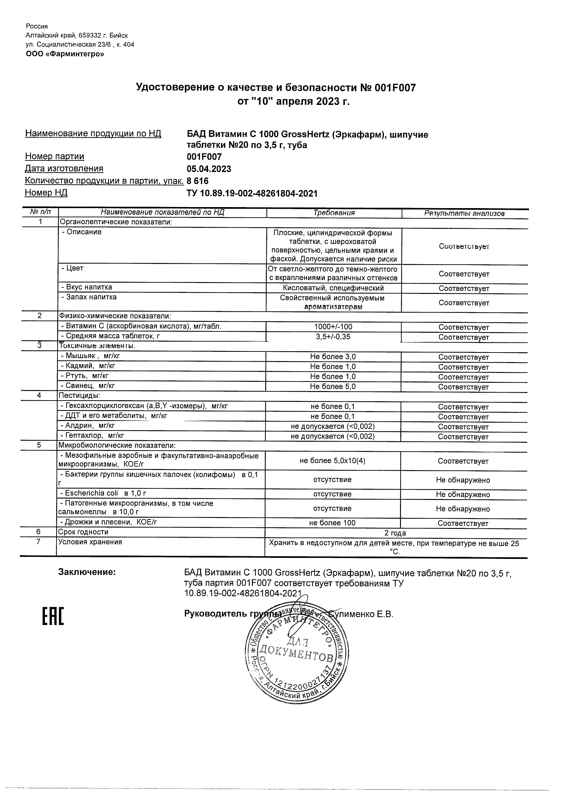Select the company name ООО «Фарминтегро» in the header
click(x=65, y=54)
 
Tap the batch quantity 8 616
click(x=198, y=181)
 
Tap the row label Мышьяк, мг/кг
click(x=90, y=356)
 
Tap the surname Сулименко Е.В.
click(x=363, y=614)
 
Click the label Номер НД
click(x=46, y=193)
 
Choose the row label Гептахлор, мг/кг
click(x=92, y=436)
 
